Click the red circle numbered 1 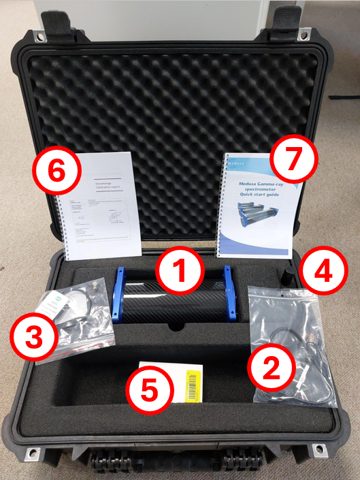click(x=180, y=270)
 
